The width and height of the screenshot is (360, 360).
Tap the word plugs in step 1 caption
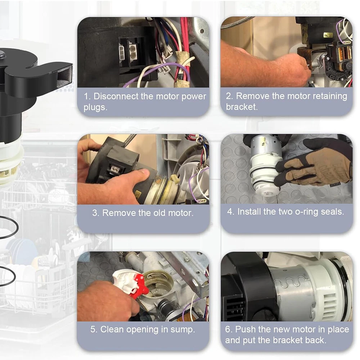pyautogui.click(x=95, y=107)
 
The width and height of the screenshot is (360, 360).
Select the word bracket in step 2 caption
pyautogui.click(x=242, y=107)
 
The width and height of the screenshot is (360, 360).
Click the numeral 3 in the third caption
pyautogui.click(x=95, y=213)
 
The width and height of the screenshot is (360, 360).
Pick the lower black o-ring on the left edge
pyautogui.click(x=6, y=276)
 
